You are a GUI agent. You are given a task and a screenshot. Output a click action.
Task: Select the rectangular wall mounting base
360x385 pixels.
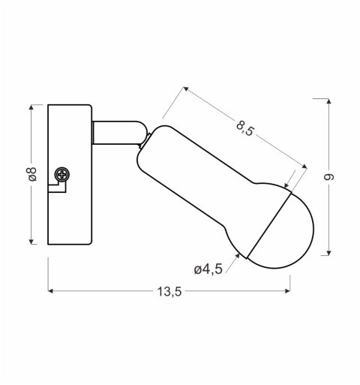[x=69, y=174]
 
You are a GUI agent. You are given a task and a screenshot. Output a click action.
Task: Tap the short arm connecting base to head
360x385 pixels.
[x=117, y=132]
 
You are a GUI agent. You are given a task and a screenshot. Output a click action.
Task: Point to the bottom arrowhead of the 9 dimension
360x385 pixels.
[x=328, y=253]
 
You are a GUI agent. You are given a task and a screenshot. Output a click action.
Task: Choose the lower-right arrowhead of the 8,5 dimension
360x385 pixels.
[x=305, y=167]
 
